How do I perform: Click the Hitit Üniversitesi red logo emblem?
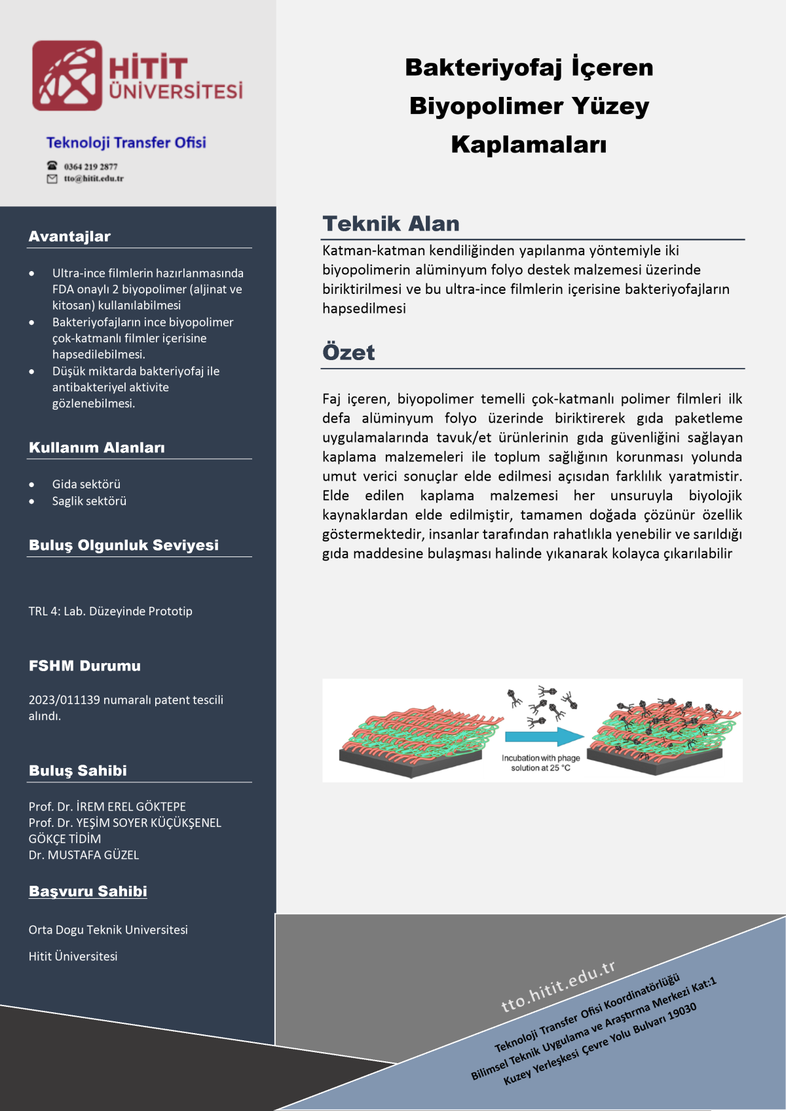[x=67, y=75]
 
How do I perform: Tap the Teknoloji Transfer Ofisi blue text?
[x=126, y=143]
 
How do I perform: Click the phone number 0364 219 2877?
[x=90, y=166]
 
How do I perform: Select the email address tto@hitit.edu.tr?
[x=94, y=179]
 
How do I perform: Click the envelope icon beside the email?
[x=52, y=179]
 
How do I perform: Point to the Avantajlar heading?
[x=69, y=236]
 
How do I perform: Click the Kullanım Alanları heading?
[x=97, y=448]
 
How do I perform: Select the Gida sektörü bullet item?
[x=86, y=484]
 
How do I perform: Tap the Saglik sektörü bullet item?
[x=89, y=501]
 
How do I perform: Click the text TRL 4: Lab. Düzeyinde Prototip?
[x=110, y=611]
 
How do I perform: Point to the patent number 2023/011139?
[x=64, y=700]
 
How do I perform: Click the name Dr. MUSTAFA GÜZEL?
[x=84, y=855]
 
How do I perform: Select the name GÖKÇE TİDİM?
[x=65, y=839]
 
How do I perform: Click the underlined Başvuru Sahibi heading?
[x=88, y=892]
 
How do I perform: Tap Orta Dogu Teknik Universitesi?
[x=108, y=930]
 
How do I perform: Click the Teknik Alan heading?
[x=391, y=224]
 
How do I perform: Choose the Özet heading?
[x=348, y=353]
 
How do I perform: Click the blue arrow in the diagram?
[x=544, y=737]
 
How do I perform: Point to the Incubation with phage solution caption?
[x=541, y=763]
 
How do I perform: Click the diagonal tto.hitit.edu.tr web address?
[x=558, y=986]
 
